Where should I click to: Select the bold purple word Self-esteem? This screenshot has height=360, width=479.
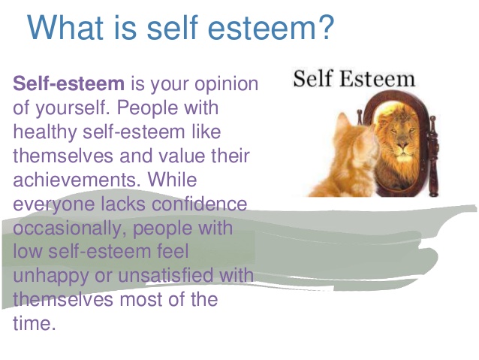[x=69, y=83]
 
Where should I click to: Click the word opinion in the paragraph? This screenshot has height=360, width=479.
[x=227, y=85]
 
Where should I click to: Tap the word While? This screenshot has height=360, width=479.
[x=172, y=179]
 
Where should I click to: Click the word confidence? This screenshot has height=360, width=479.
[x=199, y=203]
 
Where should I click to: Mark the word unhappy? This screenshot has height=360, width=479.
[x=50, y=277]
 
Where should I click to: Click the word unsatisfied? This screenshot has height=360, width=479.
[x=165, y=274]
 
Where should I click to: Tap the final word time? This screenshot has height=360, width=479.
[x=35, y=323]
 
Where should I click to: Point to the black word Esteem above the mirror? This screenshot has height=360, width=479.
[x=378, y=79]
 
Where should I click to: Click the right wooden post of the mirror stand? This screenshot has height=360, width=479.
[x=433, y=156]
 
